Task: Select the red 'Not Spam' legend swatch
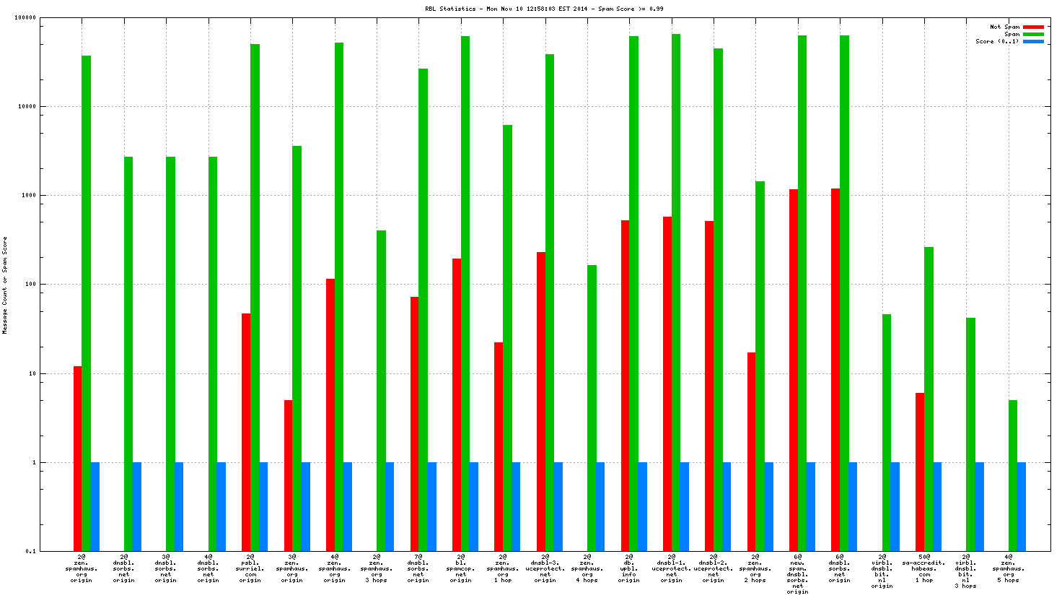tap(1033, 27)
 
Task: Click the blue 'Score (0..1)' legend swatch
tap(1033, 42)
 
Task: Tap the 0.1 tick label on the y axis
tap(31, 552)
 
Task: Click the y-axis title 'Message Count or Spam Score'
tap(5, 285)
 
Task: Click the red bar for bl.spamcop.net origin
tap(457, 404)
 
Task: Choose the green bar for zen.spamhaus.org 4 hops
tap(592, 408)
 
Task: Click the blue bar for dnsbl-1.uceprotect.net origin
tap(684, 506)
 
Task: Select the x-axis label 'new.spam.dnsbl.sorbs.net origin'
tap(797, 574)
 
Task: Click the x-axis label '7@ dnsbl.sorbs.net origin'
tap(418, 568)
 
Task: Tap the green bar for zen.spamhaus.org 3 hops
tap(381, 391)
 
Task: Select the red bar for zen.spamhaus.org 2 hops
tap(752, 451)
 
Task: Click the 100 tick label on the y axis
tap(31, 285)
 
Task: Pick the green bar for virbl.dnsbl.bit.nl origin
tap(886, 433)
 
